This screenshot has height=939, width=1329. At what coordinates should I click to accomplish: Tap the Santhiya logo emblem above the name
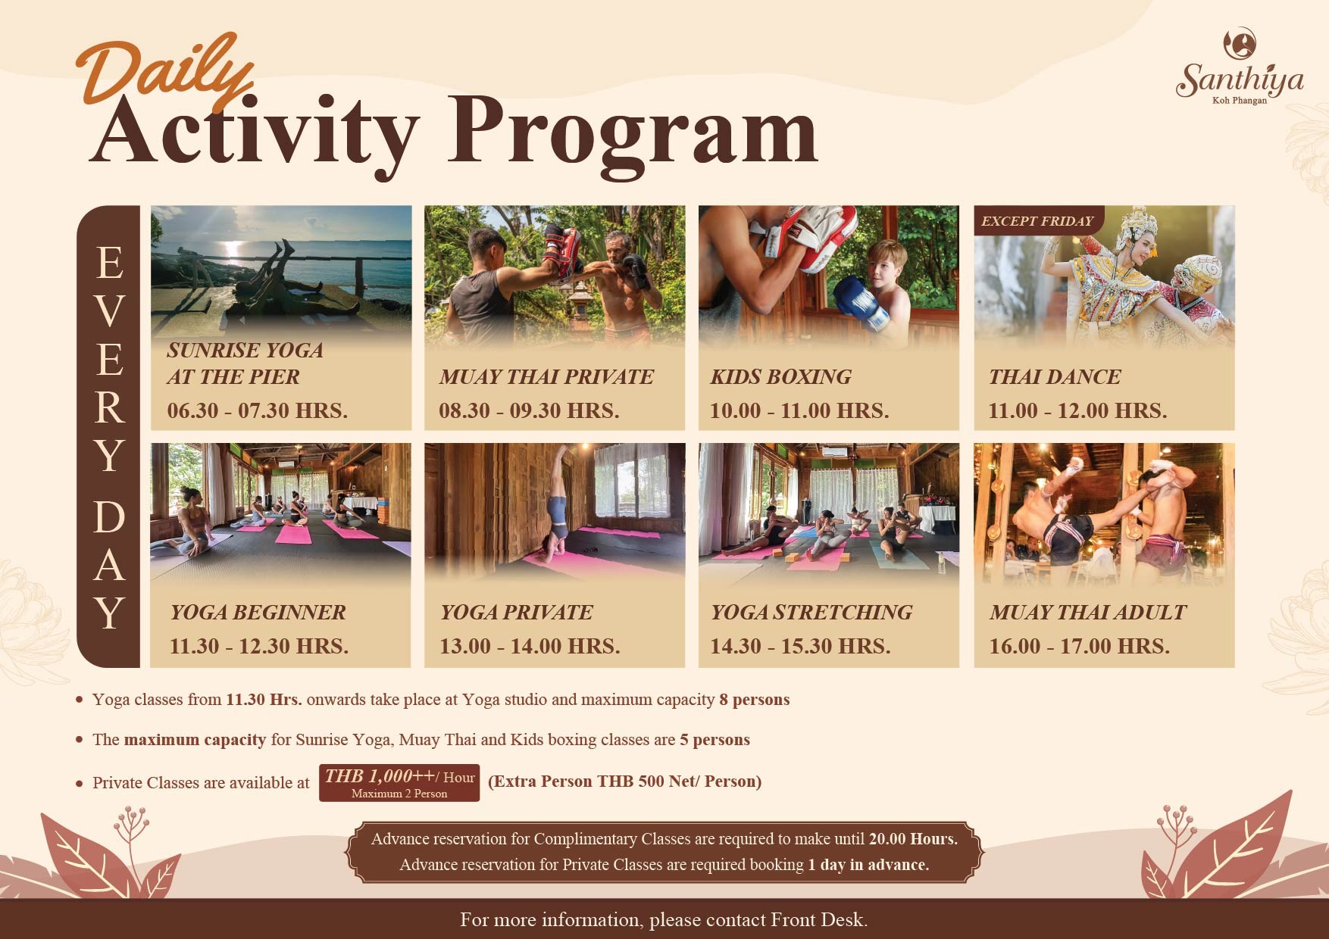pyautogui.click(x=1240, y=43)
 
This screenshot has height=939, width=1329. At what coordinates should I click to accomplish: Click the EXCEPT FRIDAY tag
pyautogui.click(x=1037, y=221)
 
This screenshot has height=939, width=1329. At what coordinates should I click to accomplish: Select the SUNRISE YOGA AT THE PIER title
pyautogui.click(x=245, y=363)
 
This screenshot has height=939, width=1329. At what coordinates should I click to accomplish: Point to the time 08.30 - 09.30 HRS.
pyautogui.click(x=529, y=410)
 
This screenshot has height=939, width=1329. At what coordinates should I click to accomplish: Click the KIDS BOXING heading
pyautogui.click(x=780, y=376)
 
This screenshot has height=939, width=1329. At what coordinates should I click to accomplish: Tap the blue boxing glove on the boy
pyautogui.click(x=862, y=301)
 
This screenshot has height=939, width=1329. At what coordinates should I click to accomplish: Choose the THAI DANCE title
pyautogui.click(x=1054, y=376)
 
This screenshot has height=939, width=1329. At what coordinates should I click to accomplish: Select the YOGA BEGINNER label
pyautogui.click(x=258, y=612)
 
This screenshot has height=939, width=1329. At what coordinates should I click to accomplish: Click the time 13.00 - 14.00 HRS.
pyautogui.click(x=530, y=646)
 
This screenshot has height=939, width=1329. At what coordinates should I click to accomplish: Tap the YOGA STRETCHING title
pyautogui.click(x=811, y=612)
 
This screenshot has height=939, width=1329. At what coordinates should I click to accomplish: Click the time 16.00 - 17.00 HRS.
pyautogui.click(x=1079, y=646)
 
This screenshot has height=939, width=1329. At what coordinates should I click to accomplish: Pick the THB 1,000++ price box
pyautogui.click(x=399, y=783)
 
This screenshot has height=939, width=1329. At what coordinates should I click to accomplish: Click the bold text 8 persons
pyautogui.click(x=755, y=700)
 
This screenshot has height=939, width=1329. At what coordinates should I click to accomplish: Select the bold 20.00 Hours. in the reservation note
pyautogui.click(x=913, y=839)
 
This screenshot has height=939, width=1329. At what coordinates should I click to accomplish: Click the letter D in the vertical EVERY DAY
pyautogui.click(x=109, y=517)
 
